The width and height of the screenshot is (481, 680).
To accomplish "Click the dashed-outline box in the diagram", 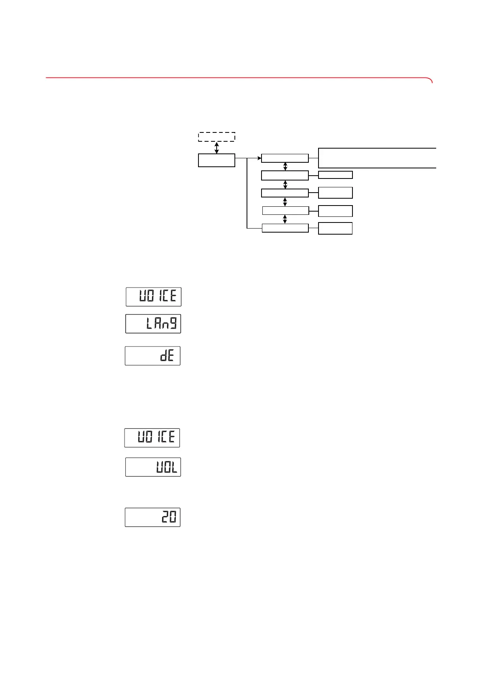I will [x=217, y=136].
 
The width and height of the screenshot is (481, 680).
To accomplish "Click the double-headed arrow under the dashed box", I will [x=217, y=147].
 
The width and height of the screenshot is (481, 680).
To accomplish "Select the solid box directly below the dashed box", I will [x=217, y=160].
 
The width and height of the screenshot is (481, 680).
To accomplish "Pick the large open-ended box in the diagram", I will [x=377, y=158].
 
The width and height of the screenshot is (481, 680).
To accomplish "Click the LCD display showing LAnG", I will [x=153, y=323].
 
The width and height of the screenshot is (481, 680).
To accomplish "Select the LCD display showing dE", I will [x=153, y=356].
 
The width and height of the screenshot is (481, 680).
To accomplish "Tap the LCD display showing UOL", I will [x=153, y=467].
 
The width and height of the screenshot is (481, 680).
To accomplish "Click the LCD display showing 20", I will [x=153, y=517].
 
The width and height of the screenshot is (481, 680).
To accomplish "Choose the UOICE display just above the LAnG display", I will [x=154, y=297].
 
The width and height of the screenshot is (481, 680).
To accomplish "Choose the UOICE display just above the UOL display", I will [x=152, y=438].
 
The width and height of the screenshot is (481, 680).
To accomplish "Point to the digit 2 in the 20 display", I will [x=165, y=517].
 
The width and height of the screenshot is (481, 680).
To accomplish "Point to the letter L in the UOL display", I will [x=174, y=468].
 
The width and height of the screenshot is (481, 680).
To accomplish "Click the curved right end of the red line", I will [x=431, y=80].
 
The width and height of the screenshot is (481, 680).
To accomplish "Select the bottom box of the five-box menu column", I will [x=285, y=228].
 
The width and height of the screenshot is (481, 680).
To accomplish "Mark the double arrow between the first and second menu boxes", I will [x=285, y=166].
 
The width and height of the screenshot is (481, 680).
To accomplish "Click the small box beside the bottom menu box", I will [x=335, y=228].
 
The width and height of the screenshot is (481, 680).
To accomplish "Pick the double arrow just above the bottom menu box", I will [x=285, y=219].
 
